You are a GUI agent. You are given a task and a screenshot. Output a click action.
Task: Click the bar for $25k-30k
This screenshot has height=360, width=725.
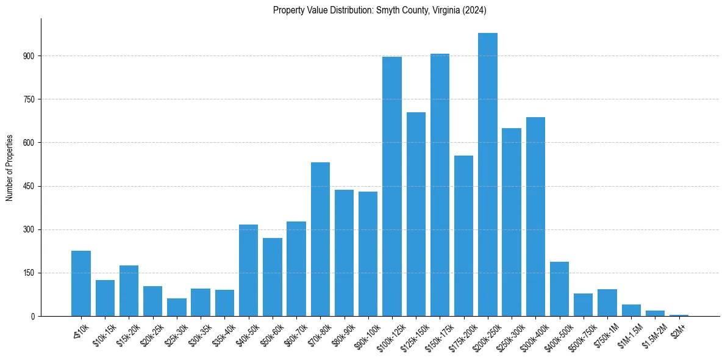coord(177,307)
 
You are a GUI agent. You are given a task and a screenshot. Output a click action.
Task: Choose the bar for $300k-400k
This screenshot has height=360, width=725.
coord(535,217)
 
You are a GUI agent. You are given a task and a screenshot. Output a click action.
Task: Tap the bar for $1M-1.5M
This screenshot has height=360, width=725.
coord(631,310)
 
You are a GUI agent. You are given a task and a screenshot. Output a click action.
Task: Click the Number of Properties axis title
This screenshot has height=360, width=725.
coord(9,168)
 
